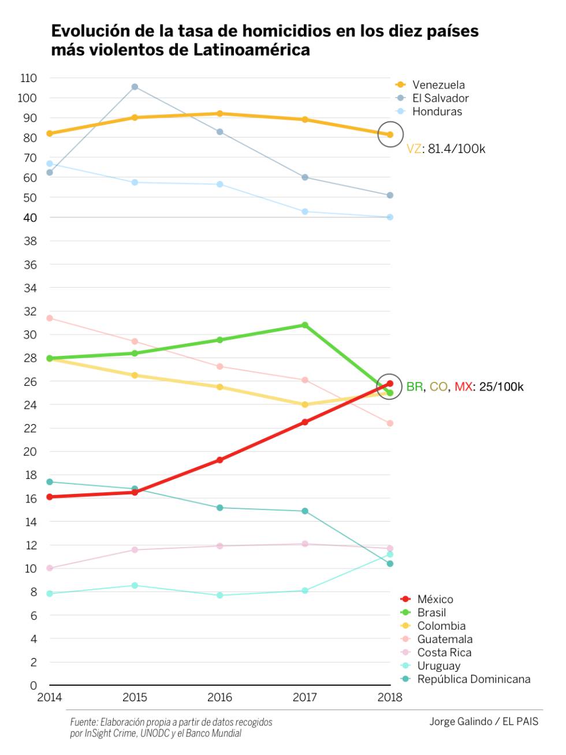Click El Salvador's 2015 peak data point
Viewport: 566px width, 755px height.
tap(135, 87)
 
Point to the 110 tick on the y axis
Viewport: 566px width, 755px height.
tap(28, 78)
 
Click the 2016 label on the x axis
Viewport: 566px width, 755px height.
tap(219, 697)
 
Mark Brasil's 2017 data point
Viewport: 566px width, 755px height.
tap(305, 325)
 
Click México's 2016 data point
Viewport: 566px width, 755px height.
tap(220, 460)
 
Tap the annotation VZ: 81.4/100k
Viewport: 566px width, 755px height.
tap(446, 149)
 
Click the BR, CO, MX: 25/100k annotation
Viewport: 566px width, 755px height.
tap(465, 386)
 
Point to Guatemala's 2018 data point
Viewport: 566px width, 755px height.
tap(390, 423)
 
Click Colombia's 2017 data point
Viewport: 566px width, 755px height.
tap(305, 404)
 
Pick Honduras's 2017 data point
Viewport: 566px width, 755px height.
tap(305, 211)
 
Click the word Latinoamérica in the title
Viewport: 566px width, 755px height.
tap(251, 50)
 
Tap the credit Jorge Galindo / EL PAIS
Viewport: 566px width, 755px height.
tap(483, 721)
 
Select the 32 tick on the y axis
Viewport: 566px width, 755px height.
tap(30, 311)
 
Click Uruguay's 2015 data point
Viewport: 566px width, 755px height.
tap(135, 585)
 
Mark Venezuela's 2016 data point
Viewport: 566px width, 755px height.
tap(220, 114)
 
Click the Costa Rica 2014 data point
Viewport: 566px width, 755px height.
tap(50, 568)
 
